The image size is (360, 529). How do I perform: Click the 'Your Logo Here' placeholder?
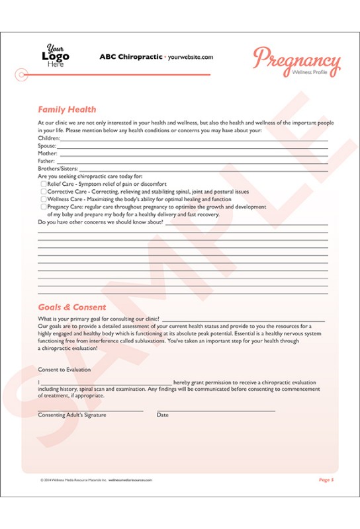pyautogui.click(x=56, y=56)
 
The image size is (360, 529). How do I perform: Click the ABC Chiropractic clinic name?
pyautogui.click(x=130, y=57)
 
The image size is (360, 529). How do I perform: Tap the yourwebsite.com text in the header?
pyautogui.click(x=191, y=58)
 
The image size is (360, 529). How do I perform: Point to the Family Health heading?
pyautogui.click(x=67, y=110)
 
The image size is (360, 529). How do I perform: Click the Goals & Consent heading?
pyautogui.click(x=71, y=307)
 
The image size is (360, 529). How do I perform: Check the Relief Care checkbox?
pyautogui.click(x=44, y=184)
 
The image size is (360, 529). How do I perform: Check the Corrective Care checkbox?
pyautogui.click(x=44, y=192)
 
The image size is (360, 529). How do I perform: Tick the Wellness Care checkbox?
pyautogui.click(x=44, y=199)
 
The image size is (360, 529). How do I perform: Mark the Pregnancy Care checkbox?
pyautogui.click(x=44, y=207)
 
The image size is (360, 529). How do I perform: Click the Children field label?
pyautogui.click(x=50, y=138)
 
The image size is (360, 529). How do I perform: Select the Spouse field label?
pyautogui.click(x=48, y=145)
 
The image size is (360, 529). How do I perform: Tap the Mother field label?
pyautogui.click(x=48, y=153)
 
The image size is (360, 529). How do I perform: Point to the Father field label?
pyautogui.click(x=47, y=161)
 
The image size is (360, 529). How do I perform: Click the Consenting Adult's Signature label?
pyautogui.click(x=72, y=415)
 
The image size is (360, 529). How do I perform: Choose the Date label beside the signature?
pyautogui.click(x=162, y=415)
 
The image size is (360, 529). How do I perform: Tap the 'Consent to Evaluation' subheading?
pyautogui.click(x=64, y=370)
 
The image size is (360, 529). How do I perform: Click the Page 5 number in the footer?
pyautogui.click(x=326, y=479)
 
